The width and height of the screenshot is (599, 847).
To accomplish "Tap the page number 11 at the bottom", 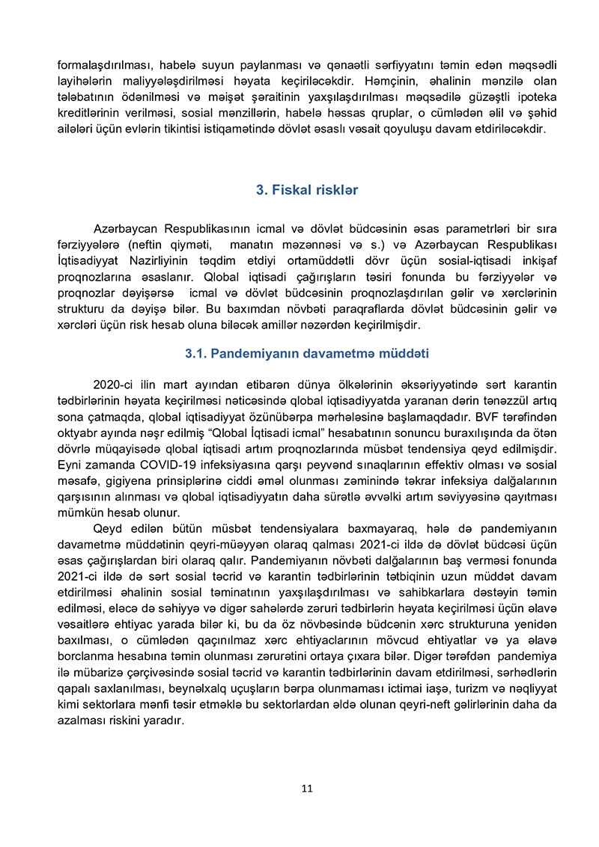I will coord(306,788).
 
